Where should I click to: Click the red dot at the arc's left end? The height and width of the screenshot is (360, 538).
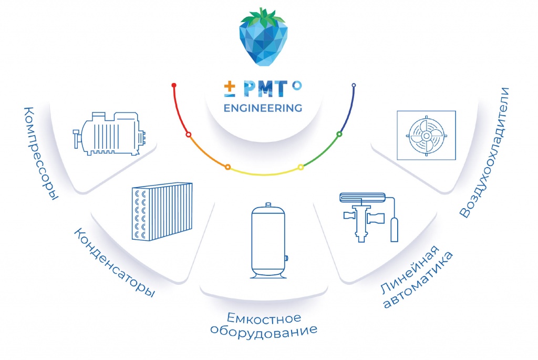tap(174, 85)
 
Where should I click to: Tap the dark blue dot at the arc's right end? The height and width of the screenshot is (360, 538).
tap(354, 85)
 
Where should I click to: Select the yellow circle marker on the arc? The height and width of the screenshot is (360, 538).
tap(301, 167)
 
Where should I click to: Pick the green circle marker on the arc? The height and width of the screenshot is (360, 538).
tap(339, 135)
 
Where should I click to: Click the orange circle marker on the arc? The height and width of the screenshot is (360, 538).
tap(227, 167)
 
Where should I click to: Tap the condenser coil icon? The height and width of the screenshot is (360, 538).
tap(161, 211)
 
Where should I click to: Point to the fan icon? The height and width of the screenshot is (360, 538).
tap(426, 135)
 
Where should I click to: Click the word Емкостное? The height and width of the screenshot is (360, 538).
tap(264, 318)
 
